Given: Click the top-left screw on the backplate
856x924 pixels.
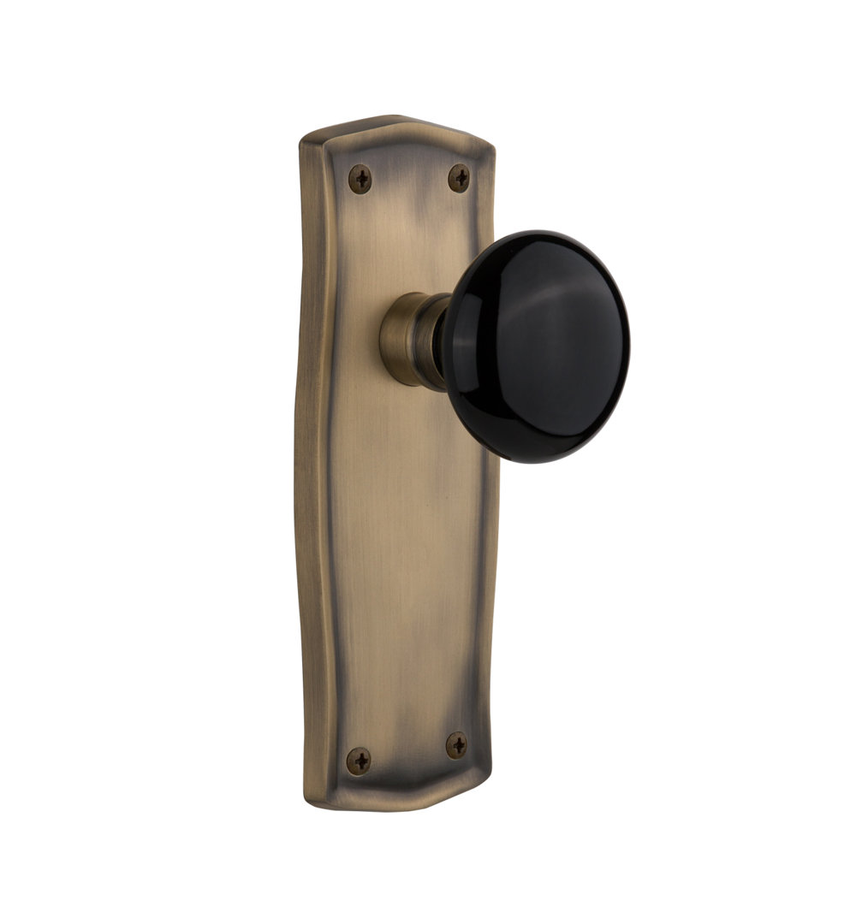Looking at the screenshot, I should [360, 179].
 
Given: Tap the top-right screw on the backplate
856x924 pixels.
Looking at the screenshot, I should [460, 178].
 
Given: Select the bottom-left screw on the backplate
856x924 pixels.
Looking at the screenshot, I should [359, 758].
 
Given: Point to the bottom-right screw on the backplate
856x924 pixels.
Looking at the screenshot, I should [457, 745].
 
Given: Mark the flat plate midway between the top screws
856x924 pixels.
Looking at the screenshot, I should [410, 179].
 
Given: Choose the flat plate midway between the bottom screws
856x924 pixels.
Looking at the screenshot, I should [408, 752].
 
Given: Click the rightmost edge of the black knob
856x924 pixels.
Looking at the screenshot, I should [629, 342].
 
